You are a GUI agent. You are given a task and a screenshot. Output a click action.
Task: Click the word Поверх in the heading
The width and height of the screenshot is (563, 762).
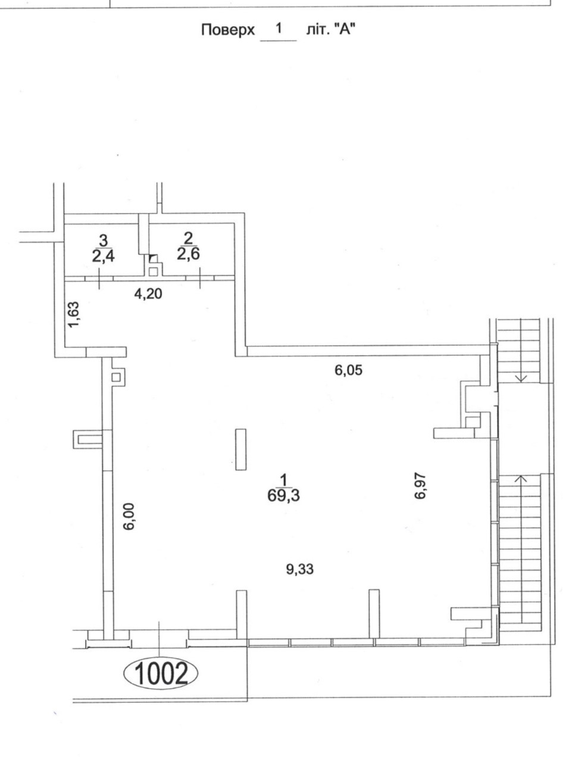(x=228, y=30)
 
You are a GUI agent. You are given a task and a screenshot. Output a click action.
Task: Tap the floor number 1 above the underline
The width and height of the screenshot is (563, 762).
(x=279, y=28)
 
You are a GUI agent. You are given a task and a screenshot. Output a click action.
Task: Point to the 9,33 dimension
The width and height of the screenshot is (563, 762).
(x=299, y=569)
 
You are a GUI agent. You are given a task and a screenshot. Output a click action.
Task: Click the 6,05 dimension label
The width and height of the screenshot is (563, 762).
(x=348, y=370)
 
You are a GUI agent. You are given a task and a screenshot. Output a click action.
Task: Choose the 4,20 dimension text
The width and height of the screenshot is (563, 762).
(x=148, y=293)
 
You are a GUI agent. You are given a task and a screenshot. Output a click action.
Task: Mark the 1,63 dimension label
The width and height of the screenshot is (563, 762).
(x=74, y=314)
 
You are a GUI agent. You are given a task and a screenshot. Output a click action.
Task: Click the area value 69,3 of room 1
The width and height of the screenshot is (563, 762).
(x=283, y=496)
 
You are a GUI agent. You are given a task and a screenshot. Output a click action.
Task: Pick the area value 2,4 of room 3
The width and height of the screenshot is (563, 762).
(x=103, y=256)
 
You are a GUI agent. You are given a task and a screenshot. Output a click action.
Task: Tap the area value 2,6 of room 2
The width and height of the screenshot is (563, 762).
(x=188, y=254)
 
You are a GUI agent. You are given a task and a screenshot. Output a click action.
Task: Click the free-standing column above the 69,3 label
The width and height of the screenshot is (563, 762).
(x=241, y=449)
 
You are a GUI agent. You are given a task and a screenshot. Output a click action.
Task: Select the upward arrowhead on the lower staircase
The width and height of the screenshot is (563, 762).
(x=521, y=479)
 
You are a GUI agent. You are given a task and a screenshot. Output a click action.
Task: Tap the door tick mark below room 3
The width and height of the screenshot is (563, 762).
(x=99, y=279)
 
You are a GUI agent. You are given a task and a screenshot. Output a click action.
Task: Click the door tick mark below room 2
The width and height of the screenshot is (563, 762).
(x=200, y=279)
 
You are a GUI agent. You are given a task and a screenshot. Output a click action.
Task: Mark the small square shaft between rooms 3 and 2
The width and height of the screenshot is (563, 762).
(x=154, y=271)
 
